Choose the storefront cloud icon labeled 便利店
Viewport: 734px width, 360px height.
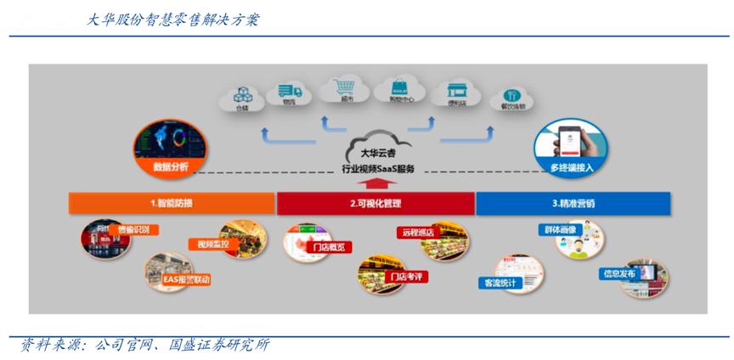coord(455,93)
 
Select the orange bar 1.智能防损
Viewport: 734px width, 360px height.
coord(172,204)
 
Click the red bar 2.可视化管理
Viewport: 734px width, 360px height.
coord(375,204)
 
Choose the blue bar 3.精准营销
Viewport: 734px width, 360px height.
coord(573,204)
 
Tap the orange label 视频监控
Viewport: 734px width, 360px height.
coord(213,245)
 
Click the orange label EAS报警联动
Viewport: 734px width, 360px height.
coord(186,279)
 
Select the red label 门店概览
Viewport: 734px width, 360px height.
coord(328,247)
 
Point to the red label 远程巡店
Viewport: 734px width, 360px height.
coord(419,232)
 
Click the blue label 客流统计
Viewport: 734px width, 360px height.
coord(501,283)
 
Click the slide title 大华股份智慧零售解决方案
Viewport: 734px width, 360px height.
coord(173,20)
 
